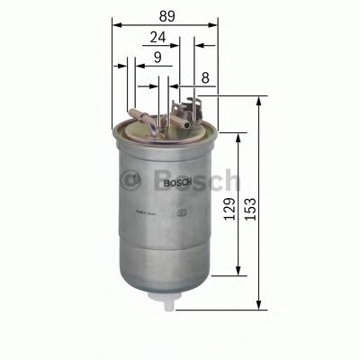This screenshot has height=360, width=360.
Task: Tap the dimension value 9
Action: (x=157, y=58)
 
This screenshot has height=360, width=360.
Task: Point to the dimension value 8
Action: (x=207, y=79)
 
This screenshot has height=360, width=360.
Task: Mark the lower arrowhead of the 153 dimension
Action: (x=261, y=305)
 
